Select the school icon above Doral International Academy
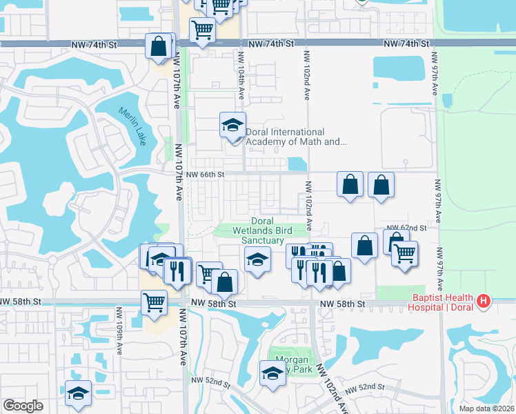232,126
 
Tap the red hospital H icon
484,302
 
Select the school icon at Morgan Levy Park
272,373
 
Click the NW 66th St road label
206,175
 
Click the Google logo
23,406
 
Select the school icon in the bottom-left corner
79,393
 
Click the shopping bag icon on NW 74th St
159,46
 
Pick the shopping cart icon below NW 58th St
154,302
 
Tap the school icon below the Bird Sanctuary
257,260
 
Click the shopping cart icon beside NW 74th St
201,30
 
